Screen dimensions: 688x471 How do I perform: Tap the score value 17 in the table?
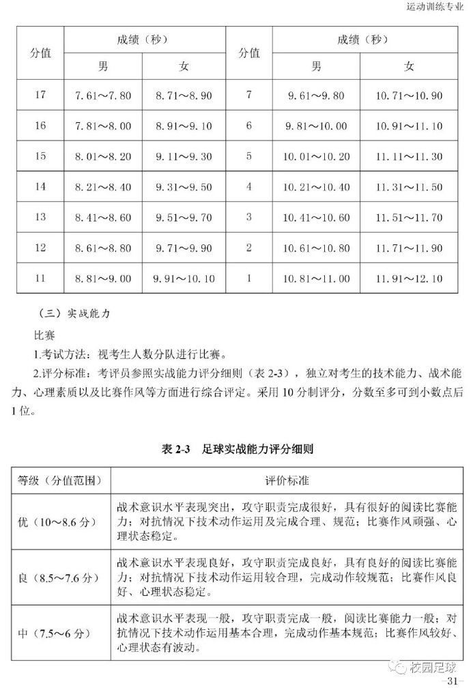point(40,95)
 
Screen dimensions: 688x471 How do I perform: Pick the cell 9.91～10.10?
point(184,278)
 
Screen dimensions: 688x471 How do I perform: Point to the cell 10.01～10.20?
point(316,156)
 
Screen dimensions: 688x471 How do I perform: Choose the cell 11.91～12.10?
point(409,278)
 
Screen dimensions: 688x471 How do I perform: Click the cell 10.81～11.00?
point(316,278)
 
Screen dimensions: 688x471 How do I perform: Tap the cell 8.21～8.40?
point(102,187)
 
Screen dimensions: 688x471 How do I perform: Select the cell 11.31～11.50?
point(409,187)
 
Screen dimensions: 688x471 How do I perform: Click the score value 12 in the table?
point(40,248)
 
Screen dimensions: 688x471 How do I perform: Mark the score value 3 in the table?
point(249,217)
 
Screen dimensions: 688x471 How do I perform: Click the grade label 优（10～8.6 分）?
point(59,523)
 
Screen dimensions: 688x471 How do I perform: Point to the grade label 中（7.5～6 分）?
point(54,634)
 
